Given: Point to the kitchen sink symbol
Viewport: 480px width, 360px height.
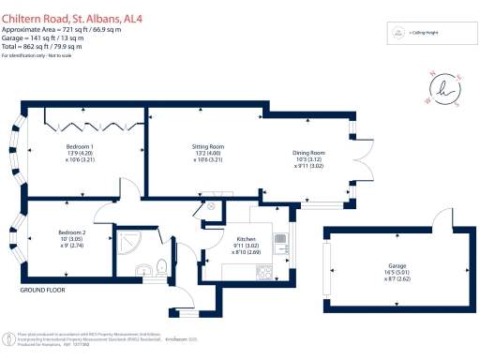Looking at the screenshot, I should point(280,245).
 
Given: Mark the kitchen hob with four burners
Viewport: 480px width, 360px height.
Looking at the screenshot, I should point(265,273).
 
